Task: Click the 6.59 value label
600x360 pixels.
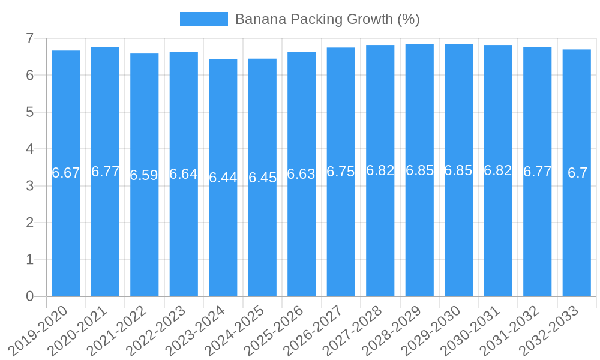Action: click(144, 175)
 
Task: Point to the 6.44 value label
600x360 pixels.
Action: click(223, 178)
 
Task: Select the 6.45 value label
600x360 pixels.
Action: click(262, 178)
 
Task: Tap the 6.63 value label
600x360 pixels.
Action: click(301, 174)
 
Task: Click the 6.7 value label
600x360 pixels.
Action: click(577, 173)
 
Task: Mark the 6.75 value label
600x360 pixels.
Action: click(341, 172)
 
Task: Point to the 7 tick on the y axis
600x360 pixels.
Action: click(29, 38)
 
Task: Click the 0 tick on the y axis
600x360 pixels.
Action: click(29, 296)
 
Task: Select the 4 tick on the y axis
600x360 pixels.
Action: click(29, 149)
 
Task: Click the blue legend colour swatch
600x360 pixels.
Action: click(204, 19)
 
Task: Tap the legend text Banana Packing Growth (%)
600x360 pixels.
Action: click(327, 19)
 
